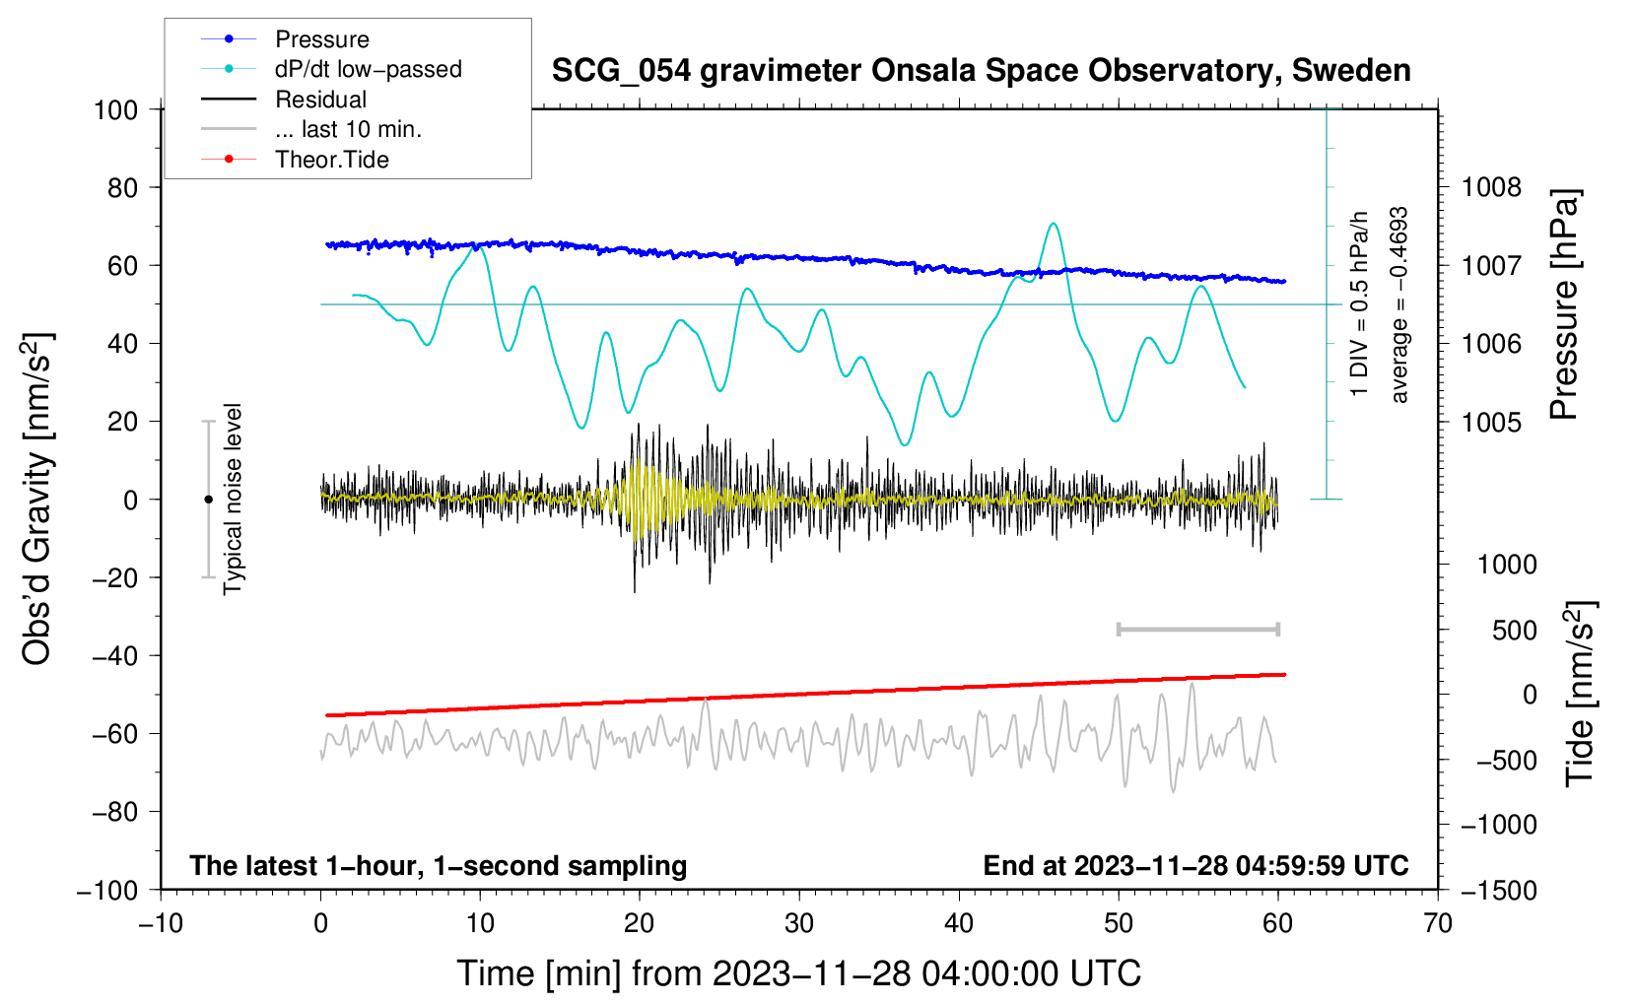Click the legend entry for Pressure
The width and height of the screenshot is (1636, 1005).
pyautogui.click(x=321, y=39)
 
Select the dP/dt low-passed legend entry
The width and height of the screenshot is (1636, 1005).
pyautogui.click(x=368, y=69)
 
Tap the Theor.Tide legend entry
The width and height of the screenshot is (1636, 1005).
pyautogui.click(x=331, y=160)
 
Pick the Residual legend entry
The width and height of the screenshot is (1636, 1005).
pyautogui.click(x=320, y=100)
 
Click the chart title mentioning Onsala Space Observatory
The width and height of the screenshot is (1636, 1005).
pyautogui.click(x=981, y=71)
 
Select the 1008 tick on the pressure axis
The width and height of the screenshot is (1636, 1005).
pyautogui.click(x=1491, y=187)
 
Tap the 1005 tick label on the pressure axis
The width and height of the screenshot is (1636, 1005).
pyautogui.click(x=1491, y=422)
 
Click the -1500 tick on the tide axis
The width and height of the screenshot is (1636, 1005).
pyautogui.click(x=1498, y=890)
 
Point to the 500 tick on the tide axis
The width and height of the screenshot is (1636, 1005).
pyautogui.click(x=1514, y=630)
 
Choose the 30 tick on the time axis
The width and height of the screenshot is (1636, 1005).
pyautogui.click(x=799, y=923)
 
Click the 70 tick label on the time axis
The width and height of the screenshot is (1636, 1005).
pyautogui.click(x=1438, y=923)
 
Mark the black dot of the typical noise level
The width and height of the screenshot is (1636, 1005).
pyautogui.click(x=208, y=500)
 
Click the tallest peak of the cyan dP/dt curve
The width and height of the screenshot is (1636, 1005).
pyautogui.click(x=1054, y=224)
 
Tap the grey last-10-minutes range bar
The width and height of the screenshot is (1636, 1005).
pyautogui.click(x=1197, y=629)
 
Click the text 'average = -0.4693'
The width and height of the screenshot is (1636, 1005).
pyautogui.click(x=1399, y=305)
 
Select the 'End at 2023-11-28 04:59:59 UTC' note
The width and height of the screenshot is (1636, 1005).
pyautogui.click(x=1195, y=865)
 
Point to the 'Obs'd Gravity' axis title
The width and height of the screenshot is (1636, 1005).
pyautogui.click(x=37, y=500)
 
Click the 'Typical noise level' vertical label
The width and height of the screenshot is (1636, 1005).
pyautogui.click(x=233, y=499)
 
